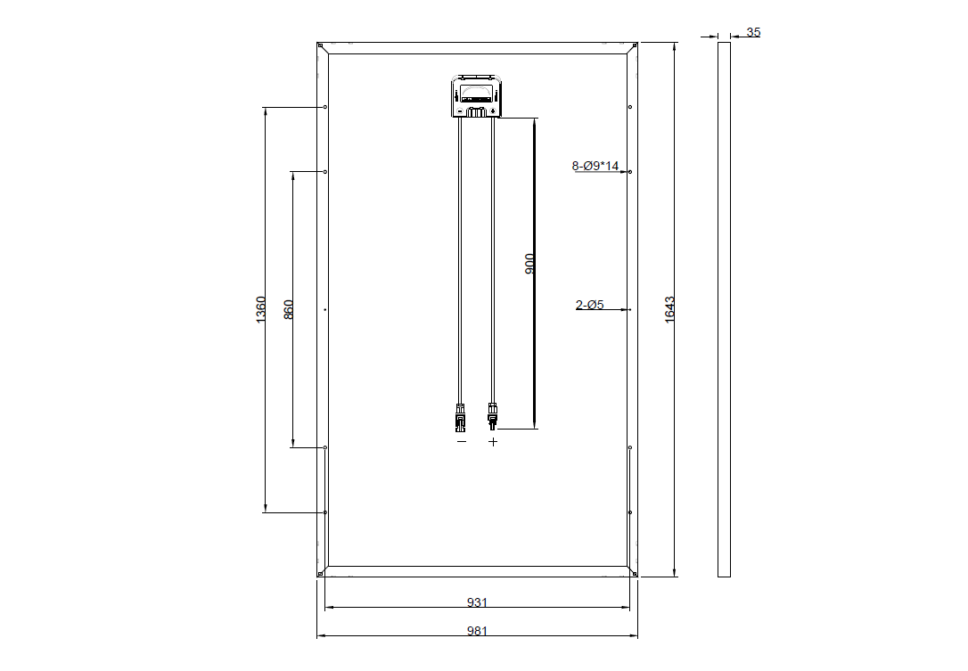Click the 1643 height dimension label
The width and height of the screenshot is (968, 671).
(669, 310)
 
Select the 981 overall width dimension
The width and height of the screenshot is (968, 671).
(477, 631)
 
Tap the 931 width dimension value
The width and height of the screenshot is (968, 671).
(477, 601)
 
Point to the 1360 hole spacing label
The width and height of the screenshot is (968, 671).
(260, 309)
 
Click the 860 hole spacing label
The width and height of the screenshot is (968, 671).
(288, 309)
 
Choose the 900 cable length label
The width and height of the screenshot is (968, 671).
(529, 264)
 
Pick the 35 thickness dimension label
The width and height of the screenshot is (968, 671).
(753, 32)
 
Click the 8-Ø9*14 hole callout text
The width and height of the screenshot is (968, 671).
(595, 166)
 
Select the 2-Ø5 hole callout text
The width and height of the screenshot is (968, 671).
(589, 305)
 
